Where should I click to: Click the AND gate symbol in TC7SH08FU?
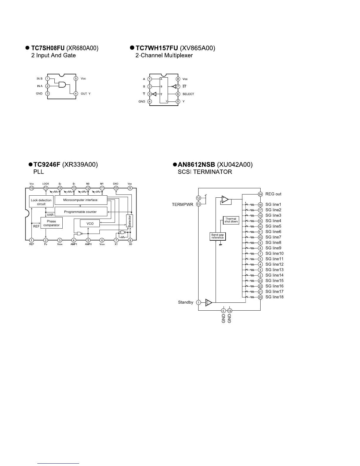coord(63,85)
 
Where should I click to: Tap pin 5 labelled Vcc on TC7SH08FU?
coord(76,79)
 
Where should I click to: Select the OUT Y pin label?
coord(86,94)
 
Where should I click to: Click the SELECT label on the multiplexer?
coord(188,94)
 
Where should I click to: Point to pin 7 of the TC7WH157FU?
coord(178,86)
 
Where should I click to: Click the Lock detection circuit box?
coord(41,202)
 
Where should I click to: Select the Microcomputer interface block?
coord(81,200)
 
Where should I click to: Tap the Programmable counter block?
coord(81,212)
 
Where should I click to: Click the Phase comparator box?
coord(51,223)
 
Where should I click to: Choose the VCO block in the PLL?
coord(90,224)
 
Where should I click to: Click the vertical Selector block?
coord(129,221)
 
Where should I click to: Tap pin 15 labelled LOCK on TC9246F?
coord(46,188)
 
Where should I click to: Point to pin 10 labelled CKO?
coord(116,188)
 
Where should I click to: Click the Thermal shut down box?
coord(231,220)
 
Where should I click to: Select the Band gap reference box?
coord(218,236)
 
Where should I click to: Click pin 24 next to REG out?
coord(260,194)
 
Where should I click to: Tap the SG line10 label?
coord(274,254)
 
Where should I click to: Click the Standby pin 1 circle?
coord(199,302)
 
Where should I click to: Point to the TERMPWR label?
coord(182,204)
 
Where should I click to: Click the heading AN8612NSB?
coord(196,165)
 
